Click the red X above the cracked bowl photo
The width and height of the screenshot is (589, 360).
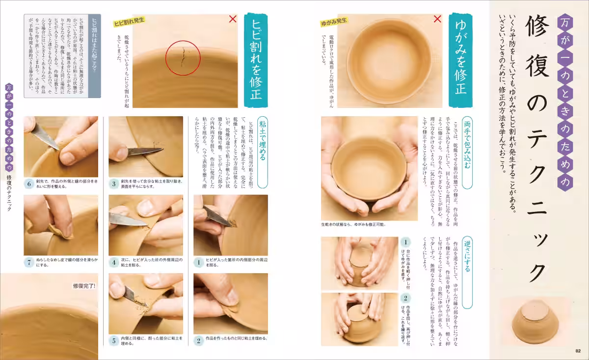233,19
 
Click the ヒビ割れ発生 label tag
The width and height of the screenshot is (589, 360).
130,22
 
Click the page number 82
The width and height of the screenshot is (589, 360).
578,350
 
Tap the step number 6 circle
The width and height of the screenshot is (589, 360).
29,184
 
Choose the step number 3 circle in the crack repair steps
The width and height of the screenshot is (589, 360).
113,184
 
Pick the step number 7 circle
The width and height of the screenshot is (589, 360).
29,262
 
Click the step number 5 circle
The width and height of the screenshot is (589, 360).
113,340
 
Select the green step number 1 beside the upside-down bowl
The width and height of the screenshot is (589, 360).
406,242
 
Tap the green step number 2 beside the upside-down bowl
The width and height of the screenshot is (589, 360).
406,298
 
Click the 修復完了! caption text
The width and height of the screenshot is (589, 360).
84,286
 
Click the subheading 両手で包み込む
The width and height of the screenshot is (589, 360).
466,145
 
